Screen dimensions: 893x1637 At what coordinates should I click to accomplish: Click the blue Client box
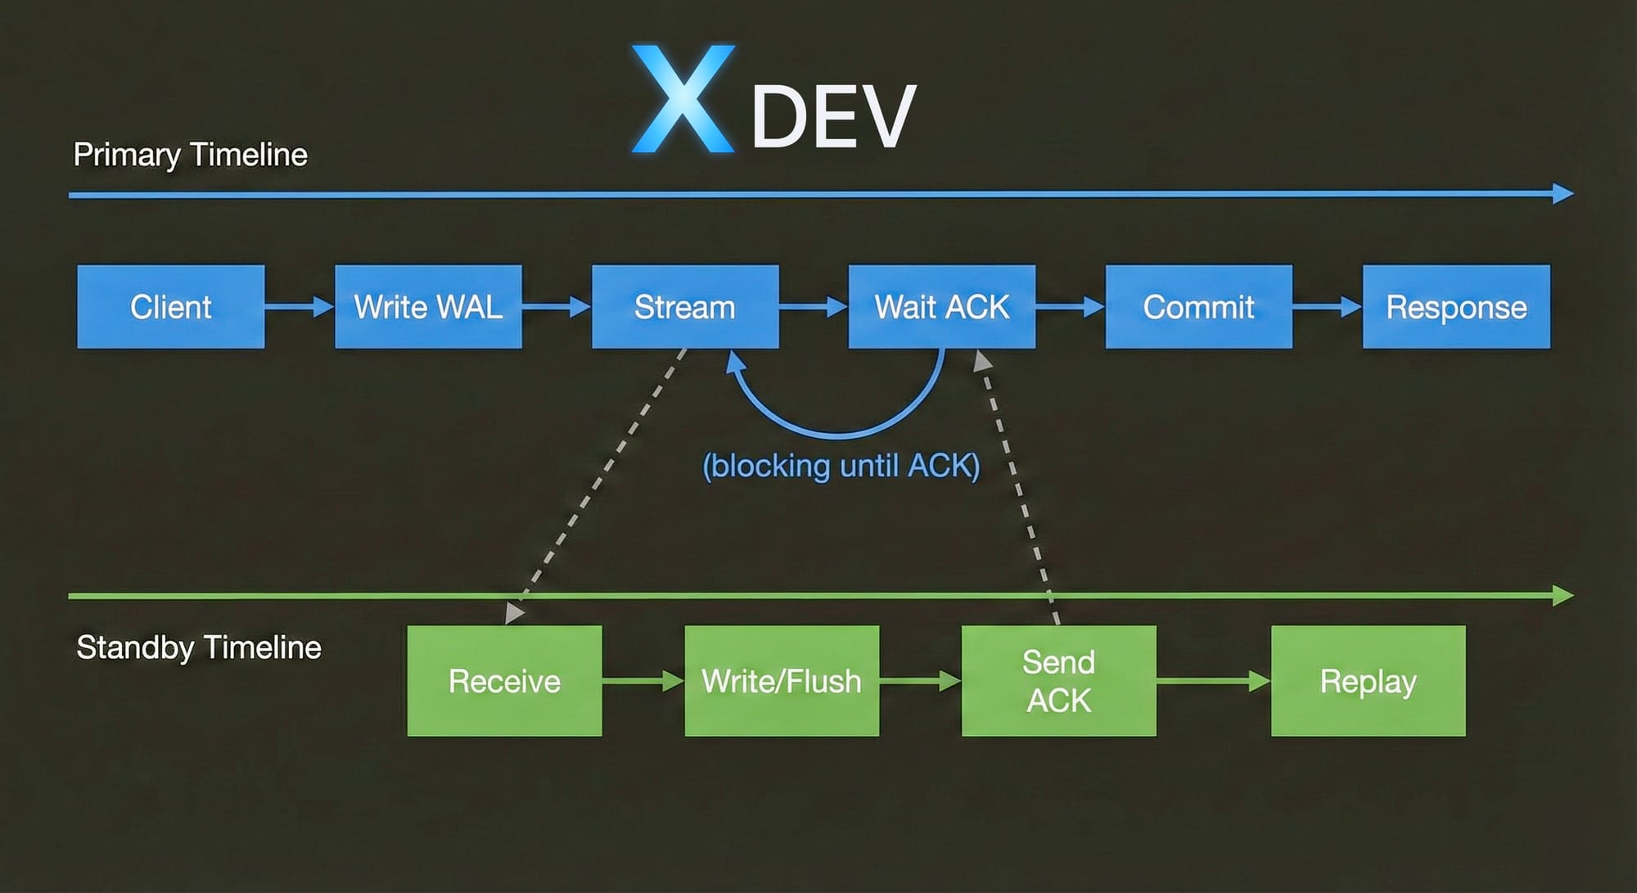171,307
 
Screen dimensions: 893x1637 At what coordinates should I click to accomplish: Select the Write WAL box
428,307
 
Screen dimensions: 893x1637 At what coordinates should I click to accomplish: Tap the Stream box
685,307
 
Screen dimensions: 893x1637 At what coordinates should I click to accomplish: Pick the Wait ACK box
942,307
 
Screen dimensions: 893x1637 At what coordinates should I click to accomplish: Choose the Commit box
1199,307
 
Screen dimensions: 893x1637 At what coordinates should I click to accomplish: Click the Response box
1456,307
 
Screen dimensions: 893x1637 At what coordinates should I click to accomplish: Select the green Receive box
504,681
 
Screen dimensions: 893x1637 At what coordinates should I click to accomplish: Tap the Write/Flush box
782,681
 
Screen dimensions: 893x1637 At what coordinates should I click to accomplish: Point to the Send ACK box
1059,681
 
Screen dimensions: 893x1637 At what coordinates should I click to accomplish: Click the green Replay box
1369,681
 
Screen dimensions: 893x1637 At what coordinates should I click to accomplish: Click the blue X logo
683,99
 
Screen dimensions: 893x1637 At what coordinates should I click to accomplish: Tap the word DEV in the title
833,117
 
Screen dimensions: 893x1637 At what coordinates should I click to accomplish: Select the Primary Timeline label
191,155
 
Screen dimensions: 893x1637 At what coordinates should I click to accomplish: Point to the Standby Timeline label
199,647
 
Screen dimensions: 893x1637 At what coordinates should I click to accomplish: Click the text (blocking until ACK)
841,466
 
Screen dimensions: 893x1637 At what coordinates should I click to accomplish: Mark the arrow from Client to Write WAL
300,307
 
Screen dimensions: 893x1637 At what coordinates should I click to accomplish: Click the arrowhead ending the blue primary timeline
1563,194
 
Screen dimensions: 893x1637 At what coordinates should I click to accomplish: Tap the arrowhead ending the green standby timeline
1563,595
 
